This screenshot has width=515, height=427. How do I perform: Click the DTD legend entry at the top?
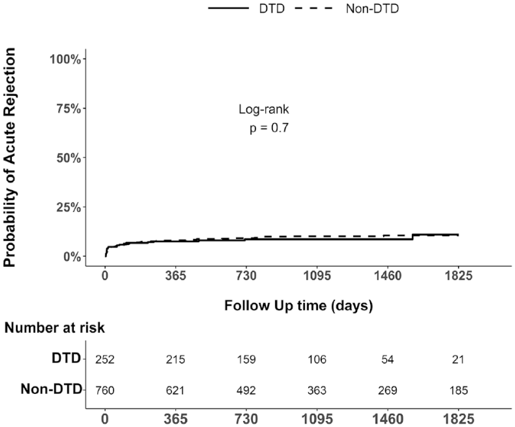click(246, 9)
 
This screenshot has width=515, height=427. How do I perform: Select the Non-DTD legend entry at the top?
click(347, 9)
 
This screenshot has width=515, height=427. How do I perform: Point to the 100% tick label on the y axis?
click(65, 60)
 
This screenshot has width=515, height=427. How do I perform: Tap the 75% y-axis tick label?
click(68, 108)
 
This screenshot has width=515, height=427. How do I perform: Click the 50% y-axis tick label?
click(68, 158)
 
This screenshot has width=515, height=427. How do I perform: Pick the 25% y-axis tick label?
click(68, 208)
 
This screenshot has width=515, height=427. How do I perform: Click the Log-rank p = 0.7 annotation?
click(264, 118)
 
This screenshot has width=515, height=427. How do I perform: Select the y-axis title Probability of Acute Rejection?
click(9, 157)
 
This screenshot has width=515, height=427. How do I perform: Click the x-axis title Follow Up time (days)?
click(298, 306)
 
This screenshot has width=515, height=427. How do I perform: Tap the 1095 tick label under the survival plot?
click(317, 275)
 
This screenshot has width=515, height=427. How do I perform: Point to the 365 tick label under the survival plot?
click(175, 275)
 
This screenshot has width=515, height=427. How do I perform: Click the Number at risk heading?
click(54, 328)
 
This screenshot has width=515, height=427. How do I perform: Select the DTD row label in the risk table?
click(66, 358)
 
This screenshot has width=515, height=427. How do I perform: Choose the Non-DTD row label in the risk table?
click(51, 389)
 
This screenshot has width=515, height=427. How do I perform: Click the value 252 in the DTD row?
click(105, 359)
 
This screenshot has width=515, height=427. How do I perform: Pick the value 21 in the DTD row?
click(458, 359)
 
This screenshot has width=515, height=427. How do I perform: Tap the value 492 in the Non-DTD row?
click(246, 390)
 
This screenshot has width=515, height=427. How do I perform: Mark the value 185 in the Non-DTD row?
click(459, 390)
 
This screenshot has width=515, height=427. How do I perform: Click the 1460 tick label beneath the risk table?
click(387, 419)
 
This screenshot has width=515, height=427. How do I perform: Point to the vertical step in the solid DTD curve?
click(413, 237)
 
